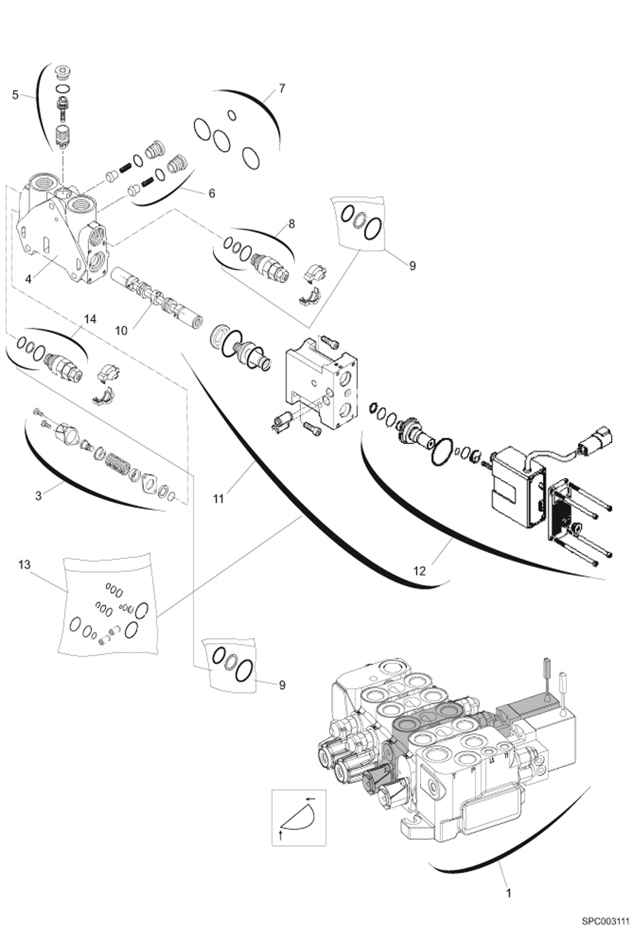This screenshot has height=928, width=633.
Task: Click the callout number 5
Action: click(15, 95)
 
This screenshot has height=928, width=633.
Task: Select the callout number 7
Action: click(282, 88)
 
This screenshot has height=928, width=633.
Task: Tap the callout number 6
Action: click(212, 193)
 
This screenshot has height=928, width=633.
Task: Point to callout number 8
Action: click(292, 224)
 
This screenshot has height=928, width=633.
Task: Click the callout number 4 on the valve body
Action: click(28, 279)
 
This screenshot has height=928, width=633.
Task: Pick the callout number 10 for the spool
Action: click(121, 330)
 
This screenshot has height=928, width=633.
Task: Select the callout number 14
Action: click(90, 319)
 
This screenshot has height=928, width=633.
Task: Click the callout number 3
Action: click(38, 495)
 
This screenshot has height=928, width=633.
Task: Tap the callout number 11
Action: click(218, 499)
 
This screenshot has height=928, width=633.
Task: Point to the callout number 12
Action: click(420, 571)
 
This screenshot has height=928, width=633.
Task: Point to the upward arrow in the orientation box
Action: click(281, 831)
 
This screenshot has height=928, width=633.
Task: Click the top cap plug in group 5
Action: click(63, 72)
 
